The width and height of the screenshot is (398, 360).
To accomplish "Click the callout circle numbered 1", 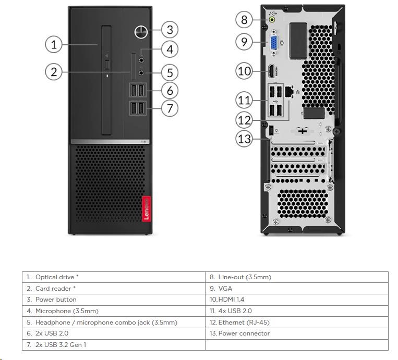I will pos(54,44).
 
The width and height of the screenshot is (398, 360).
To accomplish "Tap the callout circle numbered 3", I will pos(170,29).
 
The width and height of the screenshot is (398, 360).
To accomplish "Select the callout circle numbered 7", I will pos(170,108).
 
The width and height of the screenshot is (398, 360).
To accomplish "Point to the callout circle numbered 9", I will pos(244,42).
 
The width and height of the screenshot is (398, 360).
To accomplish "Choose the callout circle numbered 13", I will pos(244,139).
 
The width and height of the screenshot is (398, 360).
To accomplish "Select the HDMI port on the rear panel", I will pos(272,71).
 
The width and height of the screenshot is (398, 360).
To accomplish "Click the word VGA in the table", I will pos(225,288).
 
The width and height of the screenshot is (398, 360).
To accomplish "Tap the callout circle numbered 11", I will pos(244,100).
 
